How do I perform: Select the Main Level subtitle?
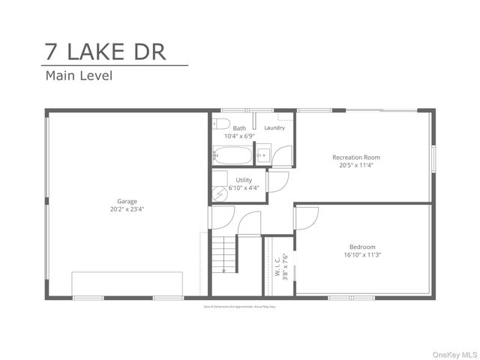click(x=79, y=75)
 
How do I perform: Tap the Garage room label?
click(x=127, y=201)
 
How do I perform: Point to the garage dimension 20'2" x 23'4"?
click(x=127, y=209)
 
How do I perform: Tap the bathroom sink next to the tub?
click(x=262, y=156)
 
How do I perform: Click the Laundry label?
click(x=274, y=128)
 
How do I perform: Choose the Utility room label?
click(x=244, y=180)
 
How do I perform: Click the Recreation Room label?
click(x=356, y=157)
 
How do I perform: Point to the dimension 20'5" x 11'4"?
click(x=356, y=166)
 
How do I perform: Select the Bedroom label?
click(x=362, y=247)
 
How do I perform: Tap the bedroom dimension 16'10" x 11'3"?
click(x=362, y=255)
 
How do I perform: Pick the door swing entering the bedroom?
click(x=307, y=217)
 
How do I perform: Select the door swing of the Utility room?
click(x=277, y=181)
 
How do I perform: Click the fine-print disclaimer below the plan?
click(x=240, y=307)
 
